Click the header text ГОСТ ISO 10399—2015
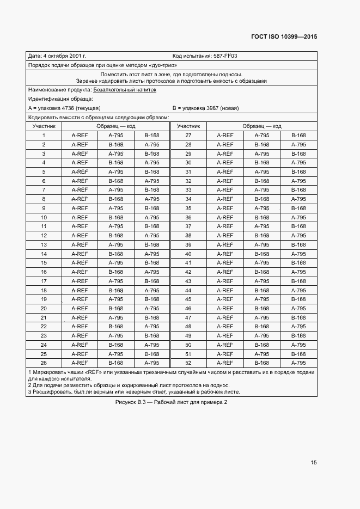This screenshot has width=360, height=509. coord(283,36)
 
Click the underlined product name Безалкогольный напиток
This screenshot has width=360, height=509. coord(125,90)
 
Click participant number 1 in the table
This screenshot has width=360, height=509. coord(44,135)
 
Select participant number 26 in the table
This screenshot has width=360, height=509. coord(44,363)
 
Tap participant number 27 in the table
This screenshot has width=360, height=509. coord(188,135)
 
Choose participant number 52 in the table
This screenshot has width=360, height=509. coord(188,363)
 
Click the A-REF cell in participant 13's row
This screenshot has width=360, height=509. coord(80,244)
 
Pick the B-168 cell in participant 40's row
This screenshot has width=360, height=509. coord(262,254)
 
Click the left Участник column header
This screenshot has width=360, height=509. coord(44,126)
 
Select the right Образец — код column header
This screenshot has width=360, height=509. coord(262,126)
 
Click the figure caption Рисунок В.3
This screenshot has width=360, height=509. coord(171,402)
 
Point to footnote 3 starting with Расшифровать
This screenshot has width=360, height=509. coord(133,391)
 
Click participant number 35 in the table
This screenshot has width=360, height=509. coord(188,208)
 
